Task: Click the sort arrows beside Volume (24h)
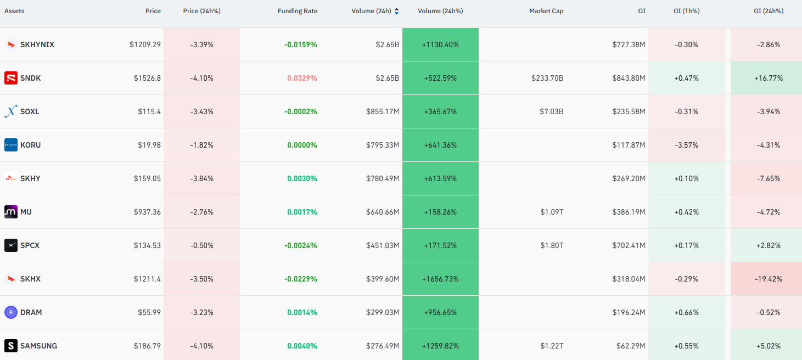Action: [396, 11]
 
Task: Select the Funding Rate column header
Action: [298, 11]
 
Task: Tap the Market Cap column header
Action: [546, 11]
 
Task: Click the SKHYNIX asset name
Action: [37, 45]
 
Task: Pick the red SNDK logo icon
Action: [11, 78]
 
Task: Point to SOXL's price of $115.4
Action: [149, 111]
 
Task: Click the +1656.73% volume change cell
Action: [440, 279]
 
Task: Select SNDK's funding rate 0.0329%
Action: [302, 78]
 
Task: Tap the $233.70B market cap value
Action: [547, 78]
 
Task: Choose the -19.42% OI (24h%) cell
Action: [769, 279]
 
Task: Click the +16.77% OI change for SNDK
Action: [769, 78]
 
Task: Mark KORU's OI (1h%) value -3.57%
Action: [686, 145]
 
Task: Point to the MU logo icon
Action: [11, 212]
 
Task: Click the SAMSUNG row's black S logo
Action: [11, 346]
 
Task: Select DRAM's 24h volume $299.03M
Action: [383, 312]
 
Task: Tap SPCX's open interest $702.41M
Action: [629, 245]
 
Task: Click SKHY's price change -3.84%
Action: [201, 178]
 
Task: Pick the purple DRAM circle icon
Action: [11, 312]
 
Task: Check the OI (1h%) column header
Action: [686, 11]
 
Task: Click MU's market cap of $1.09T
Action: [552, 212]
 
